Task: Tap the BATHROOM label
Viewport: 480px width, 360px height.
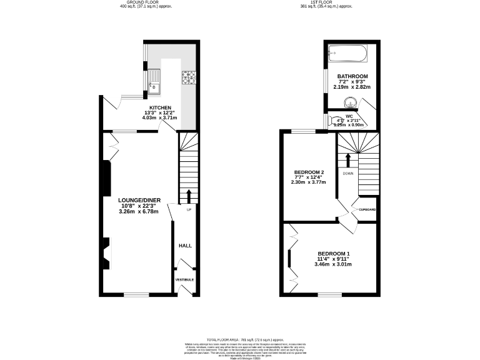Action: (x=353, y=76)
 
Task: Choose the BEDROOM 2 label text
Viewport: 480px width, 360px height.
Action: (x=309, y=172)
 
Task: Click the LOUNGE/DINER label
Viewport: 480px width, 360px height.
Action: (x=139, y=201)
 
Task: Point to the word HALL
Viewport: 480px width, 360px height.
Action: (x=185, y=246)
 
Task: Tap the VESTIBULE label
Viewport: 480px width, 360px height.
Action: (x=184, y=279)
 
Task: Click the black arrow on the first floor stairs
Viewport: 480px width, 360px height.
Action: (x=348, y=159)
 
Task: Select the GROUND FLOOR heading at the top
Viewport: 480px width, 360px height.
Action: (x=147, y=3)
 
